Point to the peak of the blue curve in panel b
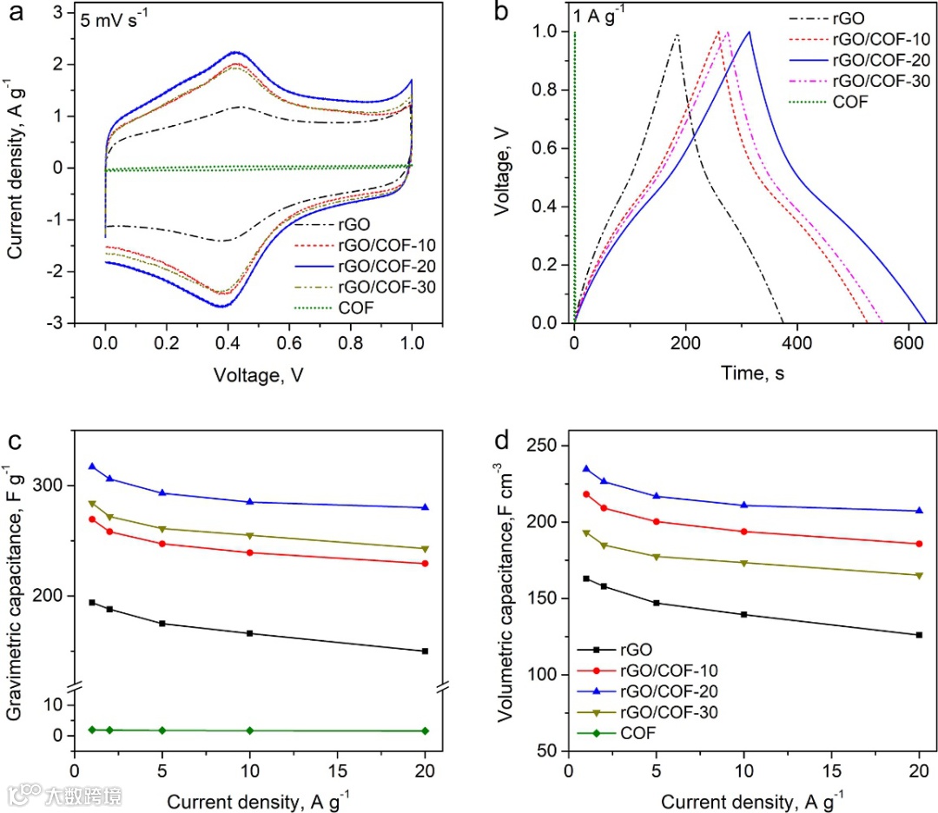coord(749,32)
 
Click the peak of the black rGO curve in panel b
coord(677,35)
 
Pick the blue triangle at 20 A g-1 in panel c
coord(426,507)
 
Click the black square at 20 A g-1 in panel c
coord(426,651)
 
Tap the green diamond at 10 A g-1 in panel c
coord(250,730)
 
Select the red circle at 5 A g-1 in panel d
coord(656,521)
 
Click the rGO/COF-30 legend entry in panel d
coord(669,712)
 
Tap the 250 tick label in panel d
coord(544,446)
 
